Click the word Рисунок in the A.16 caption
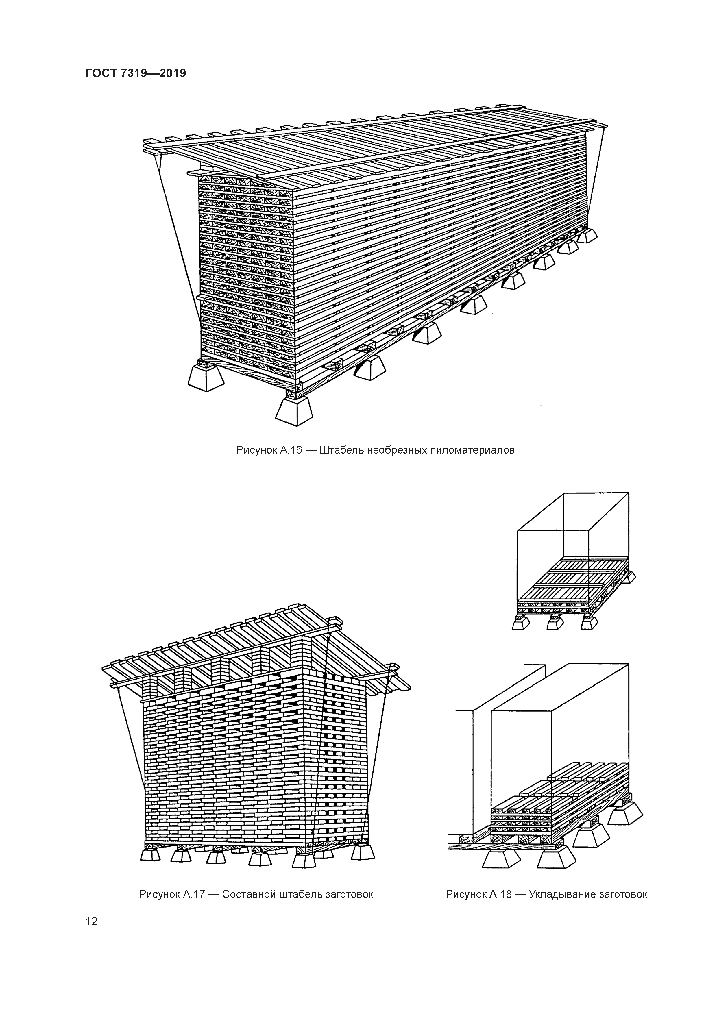click(256, 450)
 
